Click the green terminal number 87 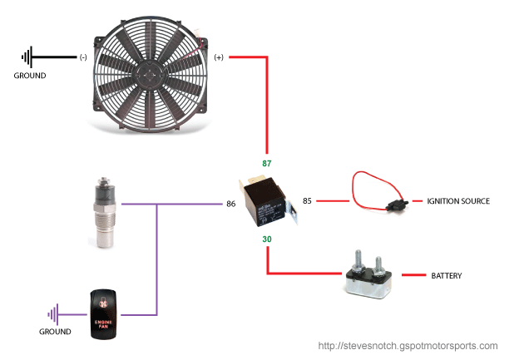point(266,165)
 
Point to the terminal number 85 point(307,200)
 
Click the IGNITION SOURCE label point(458,201)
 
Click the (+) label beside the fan point(219,57)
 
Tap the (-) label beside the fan point(82,57)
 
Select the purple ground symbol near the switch point(54,314)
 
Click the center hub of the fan point(147,72)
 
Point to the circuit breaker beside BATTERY point(368,278)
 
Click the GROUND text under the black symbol point(30,76)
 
